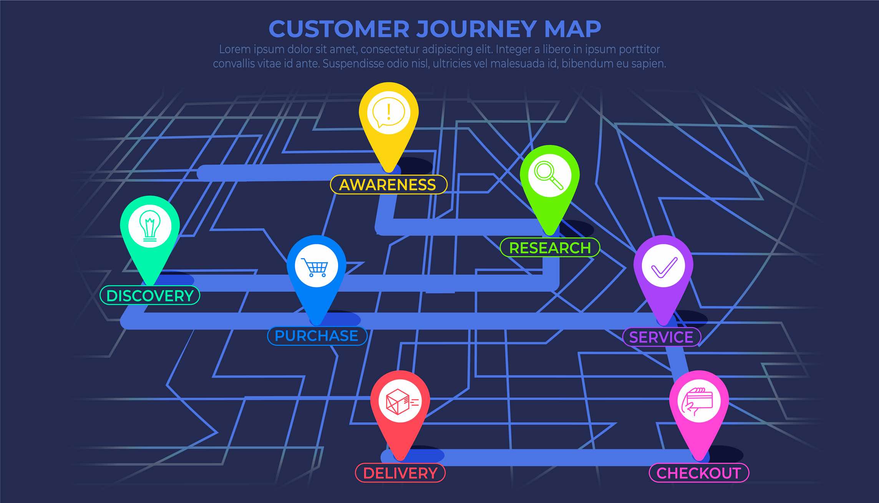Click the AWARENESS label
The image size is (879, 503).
tap(388, 185)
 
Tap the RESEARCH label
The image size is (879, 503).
tap(550, 248)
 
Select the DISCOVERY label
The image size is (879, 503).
tap(150, 296)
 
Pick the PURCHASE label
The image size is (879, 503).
tap(317, 336)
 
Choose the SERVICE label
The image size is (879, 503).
tap(662, 337)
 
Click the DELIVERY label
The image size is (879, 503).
tap(400, 473)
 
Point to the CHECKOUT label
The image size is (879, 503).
tap(699, 473)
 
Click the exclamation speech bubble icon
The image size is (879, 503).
tap(389, 112)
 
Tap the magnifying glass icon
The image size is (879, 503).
tap(549, 175)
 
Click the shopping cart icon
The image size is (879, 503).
tap(315, 267)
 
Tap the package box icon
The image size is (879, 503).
tap(402, 402)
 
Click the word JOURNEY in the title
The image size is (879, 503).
tap(476, 29)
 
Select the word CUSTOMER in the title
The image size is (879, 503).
tap(339, 29)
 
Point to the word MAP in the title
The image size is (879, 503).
tap(572, 29)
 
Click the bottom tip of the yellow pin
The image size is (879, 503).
tap(389, 172)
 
